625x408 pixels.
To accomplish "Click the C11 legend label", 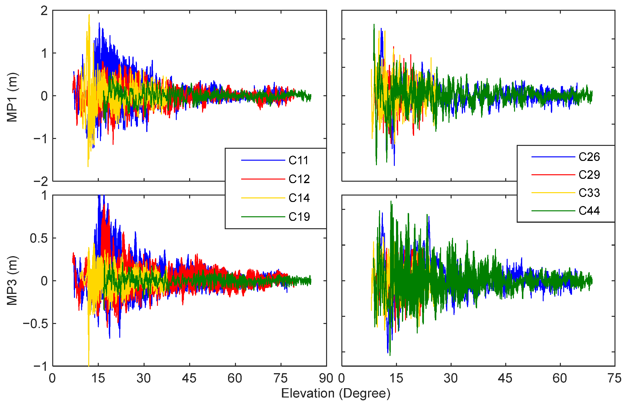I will point(298,160).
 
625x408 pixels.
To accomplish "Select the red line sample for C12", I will point(263,179).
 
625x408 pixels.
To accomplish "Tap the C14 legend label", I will point(299,198).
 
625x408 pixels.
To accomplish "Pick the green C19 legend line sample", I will point(263,217).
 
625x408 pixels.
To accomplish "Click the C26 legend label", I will point(589,157).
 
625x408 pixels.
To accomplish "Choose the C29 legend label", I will point(589,175).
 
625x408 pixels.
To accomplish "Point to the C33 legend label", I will point(589,193).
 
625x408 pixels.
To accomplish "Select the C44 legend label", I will point(589,211).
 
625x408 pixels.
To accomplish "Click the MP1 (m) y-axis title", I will point(12,97).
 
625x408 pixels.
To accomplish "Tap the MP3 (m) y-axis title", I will point(12,281).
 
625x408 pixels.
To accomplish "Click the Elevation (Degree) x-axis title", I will point(336,393).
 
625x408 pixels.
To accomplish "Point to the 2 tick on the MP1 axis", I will point(44,11).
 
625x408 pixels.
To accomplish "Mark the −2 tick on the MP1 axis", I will point(41,181).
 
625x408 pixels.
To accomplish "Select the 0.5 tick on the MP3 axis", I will point(39,238).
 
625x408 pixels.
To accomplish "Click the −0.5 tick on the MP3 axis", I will point(36,324).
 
